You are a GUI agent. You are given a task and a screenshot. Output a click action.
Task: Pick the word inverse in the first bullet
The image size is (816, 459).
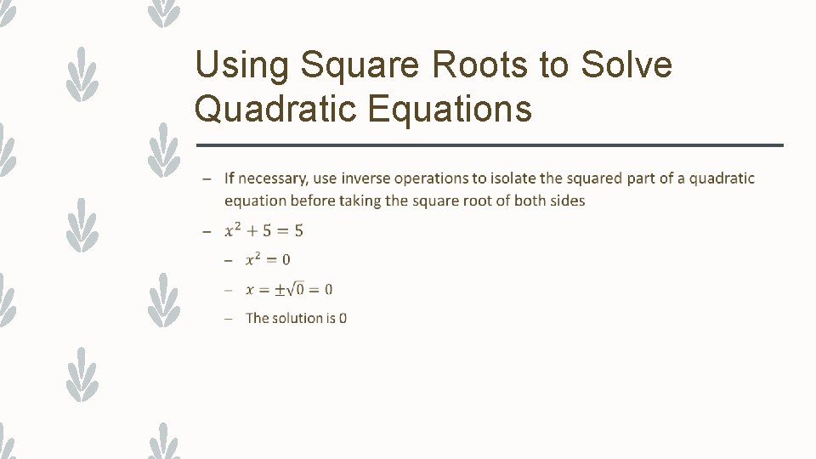click(x=367, y=178)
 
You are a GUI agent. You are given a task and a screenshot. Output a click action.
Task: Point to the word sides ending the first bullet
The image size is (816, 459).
click(x=567, y=201)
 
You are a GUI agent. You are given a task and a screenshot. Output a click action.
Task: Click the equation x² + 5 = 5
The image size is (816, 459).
click(x=263, y=230)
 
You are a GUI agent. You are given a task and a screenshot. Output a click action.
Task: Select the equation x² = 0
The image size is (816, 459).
click(x=268, y=259)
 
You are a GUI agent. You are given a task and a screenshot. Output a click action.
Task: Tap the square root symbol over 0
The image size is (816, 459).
click(x=295, y=289)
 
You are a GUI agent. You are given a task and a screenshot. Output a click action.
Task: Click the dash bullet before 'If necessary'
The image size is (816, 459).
click(x=207, y=178)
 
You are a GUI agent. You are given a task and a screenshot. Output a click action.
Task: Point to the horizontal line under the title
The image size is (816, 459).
click(x=489, y=145)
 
